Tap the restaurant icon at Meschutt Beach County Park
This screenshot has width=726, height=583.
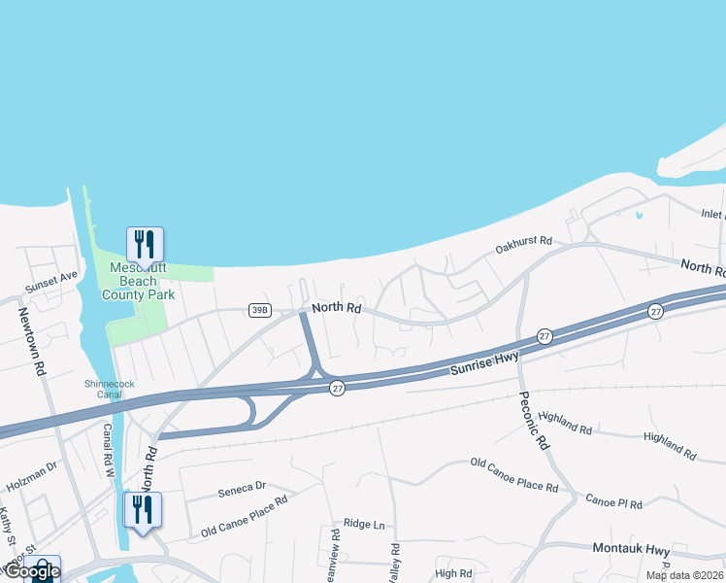pos(145,244)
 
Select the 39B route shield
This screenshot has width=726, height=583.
pos(259,310)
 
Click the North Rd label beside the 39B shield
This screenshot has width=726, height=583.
pos(336,309)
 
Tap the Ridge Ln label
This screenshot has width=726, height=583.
pos(365,526)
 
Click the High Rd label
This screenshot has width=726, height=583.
pos(453,574)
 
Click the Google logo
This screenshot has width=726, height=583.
pos(31,571)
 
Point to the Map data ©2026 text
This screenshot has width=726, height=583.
pos(684,575)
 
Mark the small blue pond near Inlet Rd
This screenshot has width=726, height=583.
pos(639,215)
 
